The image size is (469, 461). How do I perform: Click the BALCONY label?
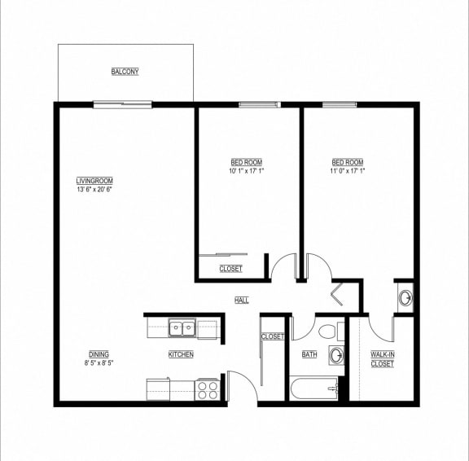click(125, 72)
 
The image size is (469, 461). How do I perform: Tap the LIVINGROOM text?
click(94, 181)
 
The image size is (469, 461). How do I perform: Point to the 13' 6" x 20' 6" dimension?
click(94, 190)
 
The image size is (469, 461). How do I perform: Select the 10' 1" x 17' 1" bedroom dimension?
click(247, 171)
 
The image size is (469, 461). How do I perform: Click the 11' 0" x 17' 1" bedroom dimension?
click(348, 171)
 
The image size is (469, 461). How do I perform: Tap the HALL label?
click(242, 301)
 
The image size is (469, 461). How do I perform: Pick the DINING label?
click(99, 354)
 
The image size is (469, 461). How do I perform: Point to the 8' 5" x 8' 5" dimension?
click(99, 363)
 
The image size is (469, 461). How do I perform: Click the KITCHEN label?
click(181, 354)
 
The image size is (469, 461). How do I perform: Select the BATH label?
click(309, 354)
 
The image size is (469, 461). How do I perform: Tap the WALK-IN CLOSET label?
click(383, 359)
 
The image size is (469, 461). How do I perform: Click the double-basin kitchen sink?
click(182, 328)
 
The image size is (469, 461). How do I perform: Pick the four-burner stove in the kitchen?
click(208, 389)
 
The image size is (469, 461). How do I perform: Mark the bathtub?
click(314, 389)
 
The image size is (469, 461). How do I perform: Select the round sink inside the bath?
click(335, 355)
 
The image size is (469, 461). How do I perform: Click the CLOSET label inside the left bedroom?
click(230, 269)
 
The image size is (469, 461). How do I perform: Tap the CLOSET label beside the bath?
click(272, 336)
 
